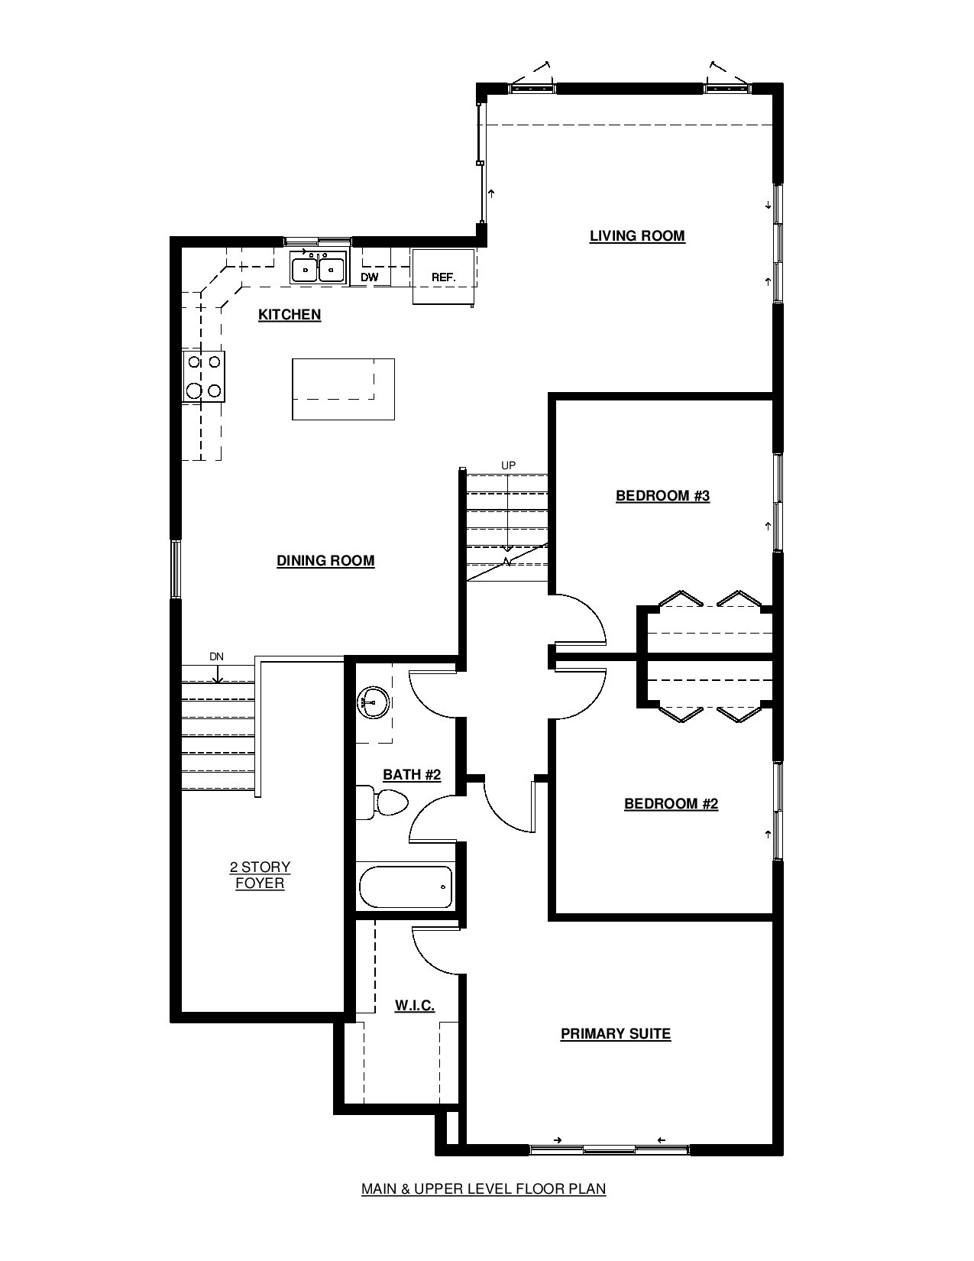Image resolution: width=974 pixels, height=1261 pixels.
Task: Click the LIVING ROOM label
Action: [x=637, y=235]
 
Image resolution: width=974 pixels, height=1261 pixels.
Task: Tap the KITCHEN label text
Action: [x=290, y=315]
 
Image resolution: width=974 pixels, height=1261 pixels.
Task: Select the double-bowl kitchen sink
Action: [x=319, y=267]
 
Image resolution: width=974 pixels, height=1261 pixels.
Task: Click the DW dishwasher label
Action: [x=370, y=277]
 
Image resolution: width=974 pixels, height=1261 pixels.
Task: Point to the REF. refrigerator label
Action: [x=444, y=277]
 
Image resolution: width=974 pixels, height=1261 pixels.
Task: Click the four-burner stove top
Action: [x=204, y=376]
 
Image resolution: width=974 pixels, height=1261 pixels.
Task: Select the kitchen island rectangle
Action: [x=344, y=389]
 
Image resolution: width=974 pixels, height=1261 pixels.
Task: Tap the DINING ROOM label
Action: [x=325, y=561]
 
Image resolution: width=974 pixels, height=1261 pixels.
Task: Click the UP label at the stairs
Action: [x=508, y=465]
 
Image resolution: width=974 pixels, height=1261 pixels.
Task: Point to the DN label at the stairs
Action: [x=216, y=657]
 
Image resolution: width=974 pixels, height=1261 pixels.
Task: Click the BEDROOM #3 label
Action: [x=662, y=495]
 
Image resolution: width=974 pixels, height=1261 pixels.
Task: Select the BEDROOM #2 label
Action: [x=671, y=804]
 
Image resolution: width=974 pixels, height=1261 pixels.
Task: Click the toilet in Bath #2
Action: [x=382, y=802]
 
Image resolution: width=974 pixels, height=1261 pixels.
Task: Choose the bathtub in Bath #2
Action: [x=406, y=887]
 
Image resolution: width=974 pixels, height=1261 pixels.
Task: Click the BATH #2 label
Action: [x=412, y=775]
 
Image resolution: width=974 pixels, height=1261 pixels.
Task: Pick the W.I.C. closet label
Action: [x=415, y=1006]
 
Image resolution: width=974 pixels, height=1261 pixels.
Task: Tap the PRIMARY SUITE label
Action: [x=616, y=1033]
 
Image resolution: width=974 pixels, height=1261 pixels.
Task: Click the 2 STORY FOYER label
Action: [x=260, y=875]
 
